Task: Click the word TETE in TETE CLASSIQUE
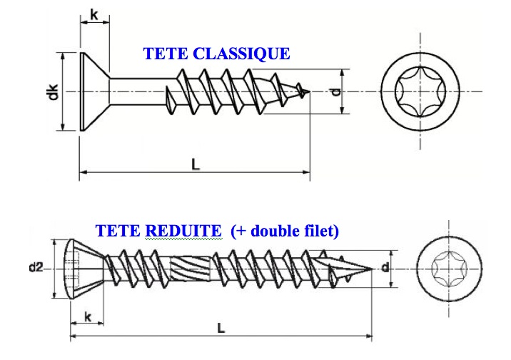[x=166, y=54]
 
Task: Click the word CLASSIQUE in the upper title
[x=241, y=54]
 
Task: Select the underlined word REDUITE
[x=183, y=231]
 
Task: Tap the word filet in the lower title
[x=320, y=231]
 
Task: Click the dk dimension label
[x=53, y=91]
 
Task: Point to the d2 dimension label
[x=36, y=267]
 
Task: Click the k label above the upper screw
[x=94, y=14]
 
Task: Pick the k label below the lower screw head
[x=87, y=316]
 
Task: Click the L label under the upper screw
[x=196, y=165]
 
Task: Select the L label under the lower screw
[x=221, y=328]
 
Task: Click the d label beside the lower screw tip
[x=385, y=267]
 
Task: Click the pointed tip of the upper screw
[x=309, y=91]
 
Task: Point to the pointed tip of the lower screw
[x=372, y=269]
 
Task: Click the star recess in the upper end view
[x=420, y=91]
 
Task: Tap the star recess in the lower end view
[x=449, y=269]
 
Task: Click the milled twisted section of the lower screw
[x=191, y=269]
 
